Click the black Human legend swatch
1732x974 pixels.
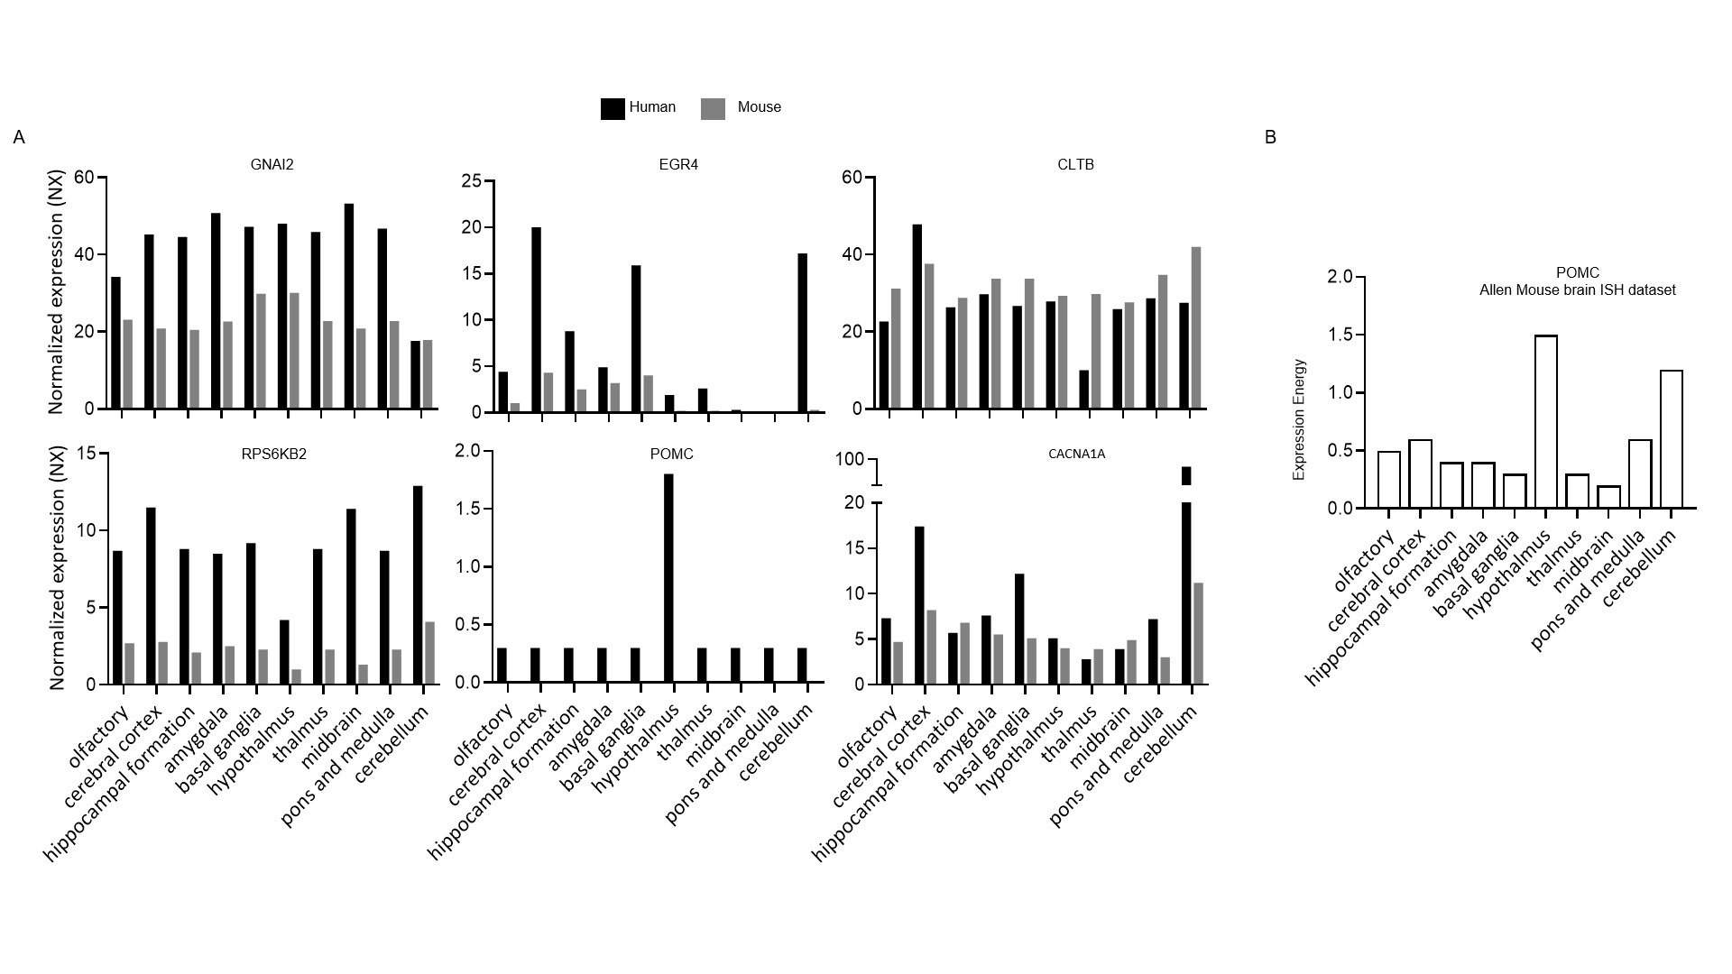click(x=613, y=108)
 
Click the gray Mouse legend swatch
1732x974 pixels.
click(x=713, y=108)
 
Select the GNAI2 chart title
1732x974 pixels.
click(x=272, y=165)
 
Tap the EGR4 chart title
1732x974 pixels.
click(x=678, y=165)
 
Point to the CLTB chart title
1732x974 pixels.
click(x=1075, y=165)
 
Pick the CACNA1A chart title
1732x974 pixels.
click(x=1076, y=454)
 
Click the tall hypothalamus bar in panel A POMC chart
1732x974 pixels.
click(x=668, y=578)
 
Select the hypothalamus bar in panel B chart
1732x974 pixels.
click(x=1545, y=422)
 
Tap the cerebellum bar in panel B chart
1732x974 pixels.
click(x=1671, y=439)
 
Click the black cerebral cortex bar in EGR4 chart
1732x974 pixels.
click(x=536, y=320)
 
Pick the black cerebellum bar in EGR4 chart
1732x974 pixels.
click(x=802, y=334)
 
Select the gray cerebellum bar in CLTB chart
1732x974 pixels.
click(x=1196, y=328)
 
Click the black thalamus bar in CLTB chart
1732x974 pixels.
click(x=1083, y=390)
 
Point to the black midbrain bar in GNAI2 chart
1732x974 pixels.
click(x=349, y=307)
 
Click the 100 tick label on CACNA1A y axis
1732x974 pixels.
click(x=850, y=460)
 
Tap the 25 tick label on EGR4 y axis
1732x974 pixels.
click(x=473, y=181)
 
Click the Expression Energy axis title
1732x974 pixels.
click(x=1300, y=419)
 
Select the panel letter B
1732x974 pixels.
click(x=1270, y=138)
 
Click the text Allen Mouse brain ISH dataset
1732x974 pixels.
click(x=1578, y=290)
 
